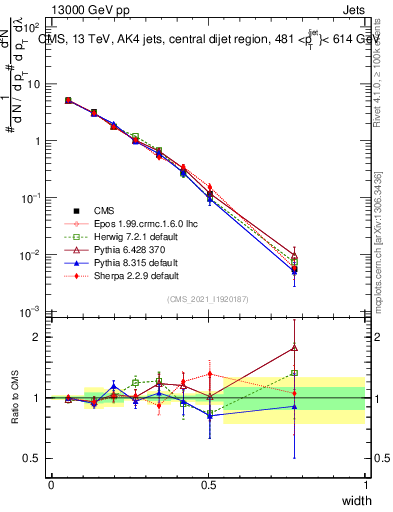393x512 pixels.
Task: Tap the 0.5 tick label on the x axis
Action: coord(208,484)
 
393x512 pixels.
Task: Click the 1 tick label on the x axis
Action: coord(366,484)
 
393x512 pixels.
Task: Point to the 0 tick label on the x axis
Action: coord(51,484)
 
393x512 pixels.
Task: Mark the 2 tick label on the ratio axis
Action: coord(38,337)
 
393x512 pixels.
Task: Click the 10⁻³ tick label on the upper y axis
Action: coord(31,312)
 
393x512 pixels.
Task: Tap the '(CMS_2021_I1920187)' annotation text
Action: coord(208,299)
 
